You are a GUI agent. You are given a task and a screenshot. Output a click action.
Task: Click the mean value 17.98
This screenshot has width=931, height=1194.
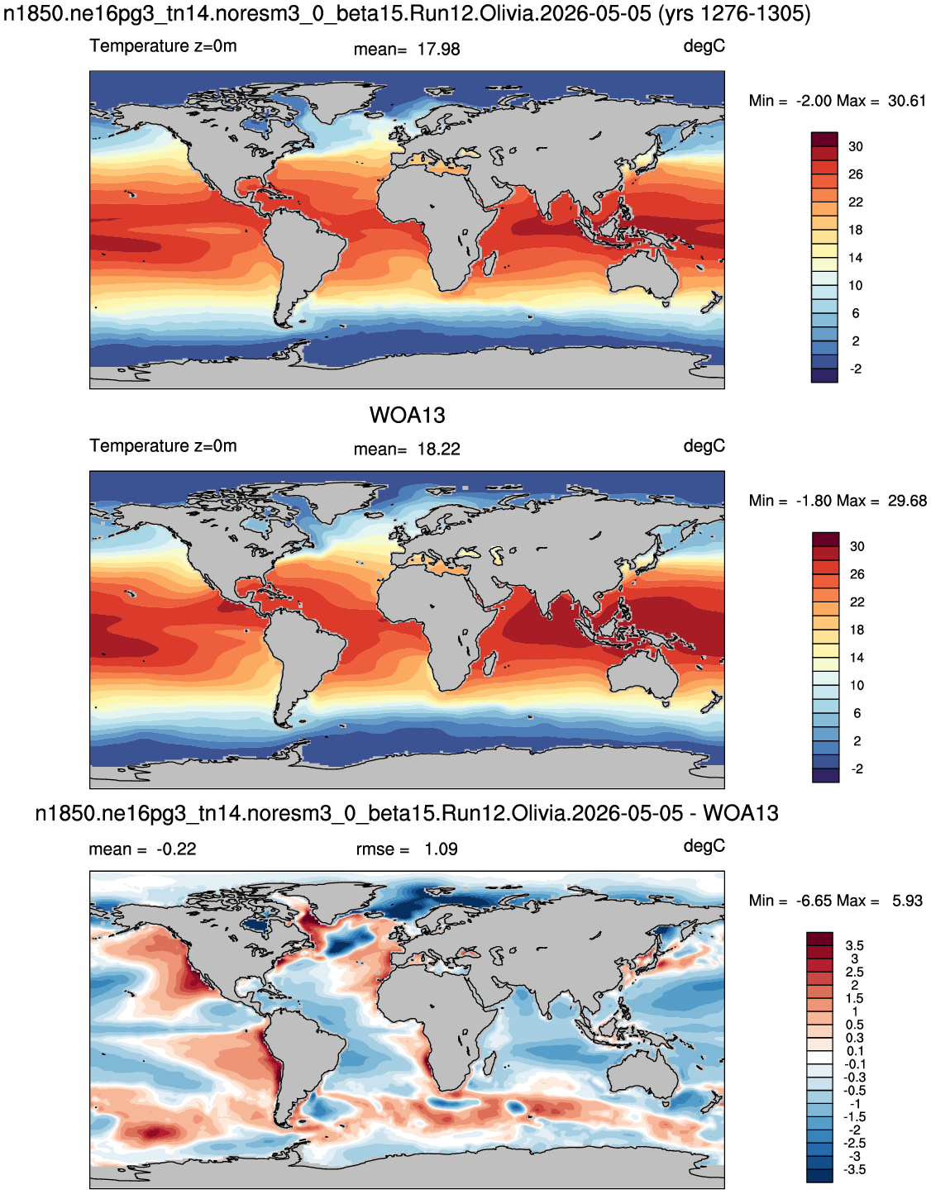click(438, 50)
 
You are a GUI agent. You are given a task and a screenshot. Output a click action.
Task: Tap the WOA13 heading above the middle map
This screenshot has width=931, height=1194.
click(408, 416)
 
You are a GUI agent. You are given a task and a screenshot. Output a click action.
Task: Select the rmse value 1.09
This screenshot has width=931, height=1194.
click(441, 849)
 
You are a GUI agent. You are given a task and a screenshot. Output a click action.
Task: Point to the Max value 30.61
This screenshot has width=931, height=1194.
click(907, 101)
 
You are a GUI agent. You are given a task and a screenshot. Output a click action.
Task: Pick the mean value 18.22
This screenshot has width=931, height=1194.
click(438, 450)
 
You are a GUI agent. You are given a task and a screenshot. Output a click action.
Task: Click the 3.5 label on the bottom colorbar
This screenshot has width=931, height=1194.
click(855, 945)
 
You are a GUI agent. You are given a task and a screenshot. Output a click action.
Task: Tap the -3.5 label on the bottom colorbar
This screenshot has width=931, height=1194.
click(855, 1170)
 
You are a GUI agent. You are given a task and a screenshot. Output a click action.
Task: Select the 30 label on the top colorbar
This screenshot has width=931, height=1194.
click(856, 147)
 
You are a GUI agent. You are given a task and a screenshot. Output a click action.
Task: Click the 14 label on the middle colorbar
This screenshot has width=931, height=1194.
click(857, 658)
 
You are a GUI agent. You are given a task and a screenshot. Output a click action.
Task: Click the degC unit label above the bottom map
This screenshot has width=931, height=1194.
click(704, 846)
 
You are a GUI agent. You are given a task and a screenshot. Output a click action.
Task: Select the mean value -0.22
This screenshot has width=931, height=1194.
click(176, 849)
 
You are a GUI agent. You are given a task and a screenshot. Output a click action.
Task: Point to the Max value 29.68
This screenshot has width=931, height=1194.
click(907, 501)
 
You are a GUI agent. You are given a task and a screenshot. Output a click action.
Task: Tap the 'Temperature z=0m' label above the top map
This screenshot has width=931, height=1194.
click(163, 46)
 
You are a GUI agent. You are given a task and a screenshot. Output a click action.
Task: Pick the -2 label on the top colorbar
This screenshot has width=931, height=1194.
click(856, 369)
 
